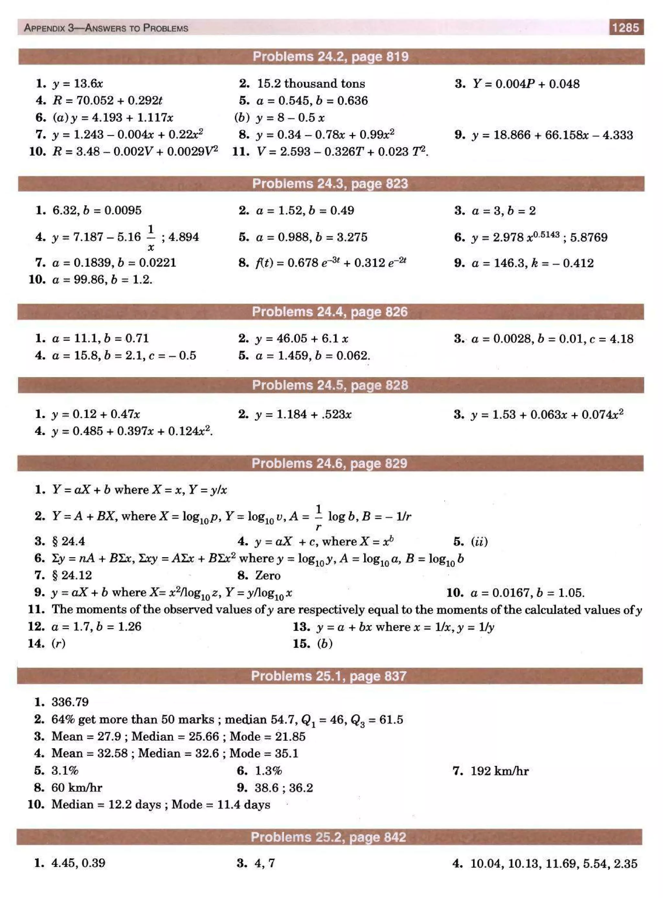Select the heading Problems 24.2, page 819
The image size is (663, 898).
pyautogui.click(x=330, y=57)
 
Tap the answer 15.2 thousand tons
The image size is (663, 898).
pyautogui.click(x=311, y=84)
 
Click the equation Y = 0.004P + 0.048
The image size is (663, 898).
pyautogui.click(x=526, y=84)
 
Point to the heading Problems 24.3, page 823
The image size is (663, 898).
pyautogui.click(x=330, y=184)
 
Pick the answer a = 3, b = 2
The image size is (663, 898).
pyautogui.click(x=504, y=211)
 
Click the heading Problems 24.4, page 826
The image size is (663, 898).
pyautogui.click(x=330, y=312)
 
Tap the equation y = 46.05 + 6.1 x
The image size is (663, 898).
pyautogui.click(x=302, y=339)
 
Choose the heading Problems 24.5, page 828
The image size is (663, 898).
pyautogui.click(x=330, y=385)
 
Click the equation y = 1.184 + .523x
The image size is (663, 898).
pyautogui.click(x=303, y=414)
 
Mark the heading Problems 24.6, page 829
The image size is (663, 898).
pyautogui.click(x=329, y=464)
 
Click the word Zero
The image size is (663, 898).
pyautogui.click(x=268, y=576)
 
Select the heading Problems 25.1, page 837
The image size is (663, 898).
pyautogui.click(x=329, y=676)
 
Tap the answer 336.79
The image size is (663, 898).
pyautogui.click(x=70, y=702)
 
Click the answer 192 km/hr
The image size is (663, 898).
pyautogui.click(x=499, y=771)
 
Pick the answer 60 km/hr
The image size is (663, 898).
pyautogui.click(x=77, y=788)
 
